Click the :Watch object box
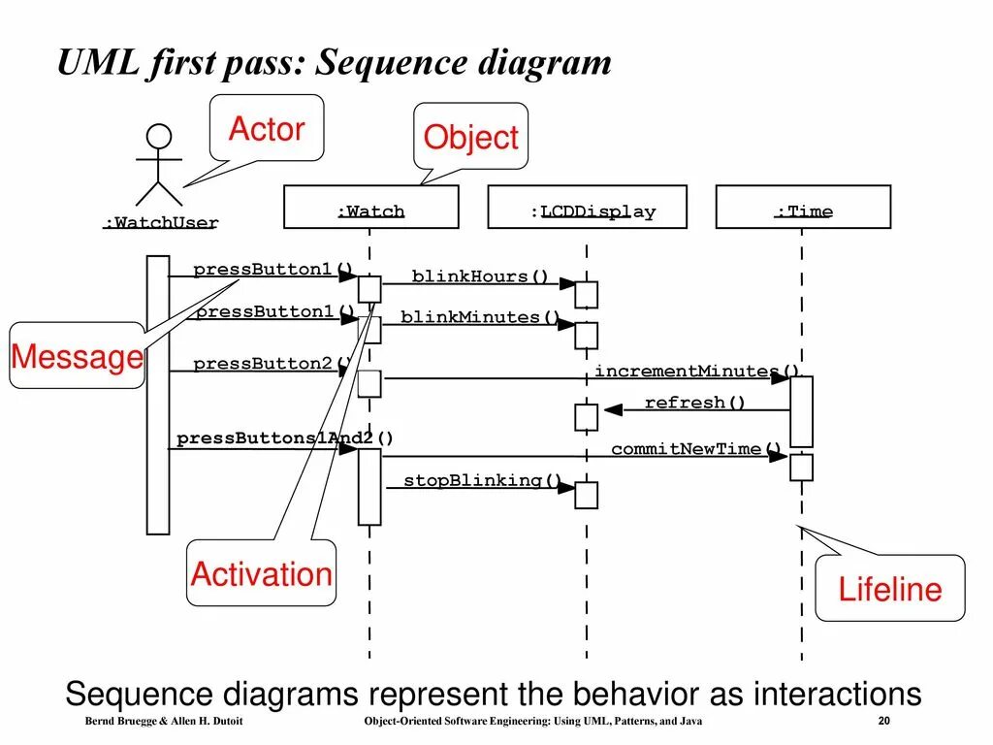(x=370, y=208)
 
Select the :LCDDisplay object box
(x=587, y=208)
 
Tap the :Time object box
(x=803, y=208)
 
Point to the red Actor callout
(x=267, y=128)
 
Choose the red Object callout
(x=471, y=138)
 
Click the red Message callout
(x=77, y=357)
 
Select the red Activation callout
(x=261, y=573)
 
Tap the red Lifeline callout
(x=889, y=589)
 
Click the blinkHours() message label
(x=480, y=276)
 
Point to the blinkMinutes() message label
(x=481, y=317)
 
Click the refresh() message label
(x=695, y=403)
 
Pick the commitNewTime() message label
(x=696, y=449)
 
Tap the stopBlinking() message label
(x=483, y=480)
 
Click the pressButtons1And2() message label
(x=285, y=438)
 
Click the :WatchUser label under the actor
(x=161, y=223)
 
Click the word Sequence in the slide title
(x=392, y=62)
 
